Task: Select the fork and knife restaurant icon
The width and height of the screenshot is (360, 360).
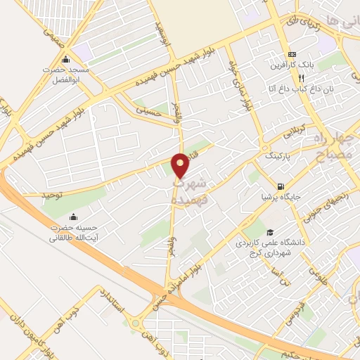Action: (x=304, y=77)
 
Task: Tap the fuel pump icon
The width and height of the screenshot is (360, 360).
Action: (x=281, y=187)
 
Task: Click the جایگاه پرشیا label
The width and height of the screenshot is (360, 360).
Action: (x=282, y=198)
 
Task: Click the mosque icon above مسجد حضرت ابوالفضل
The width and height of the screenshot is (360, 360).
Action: (x=66, y=59)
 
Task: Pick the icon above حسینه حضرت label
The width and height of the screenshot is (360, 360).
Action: (x=73, y=216)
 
